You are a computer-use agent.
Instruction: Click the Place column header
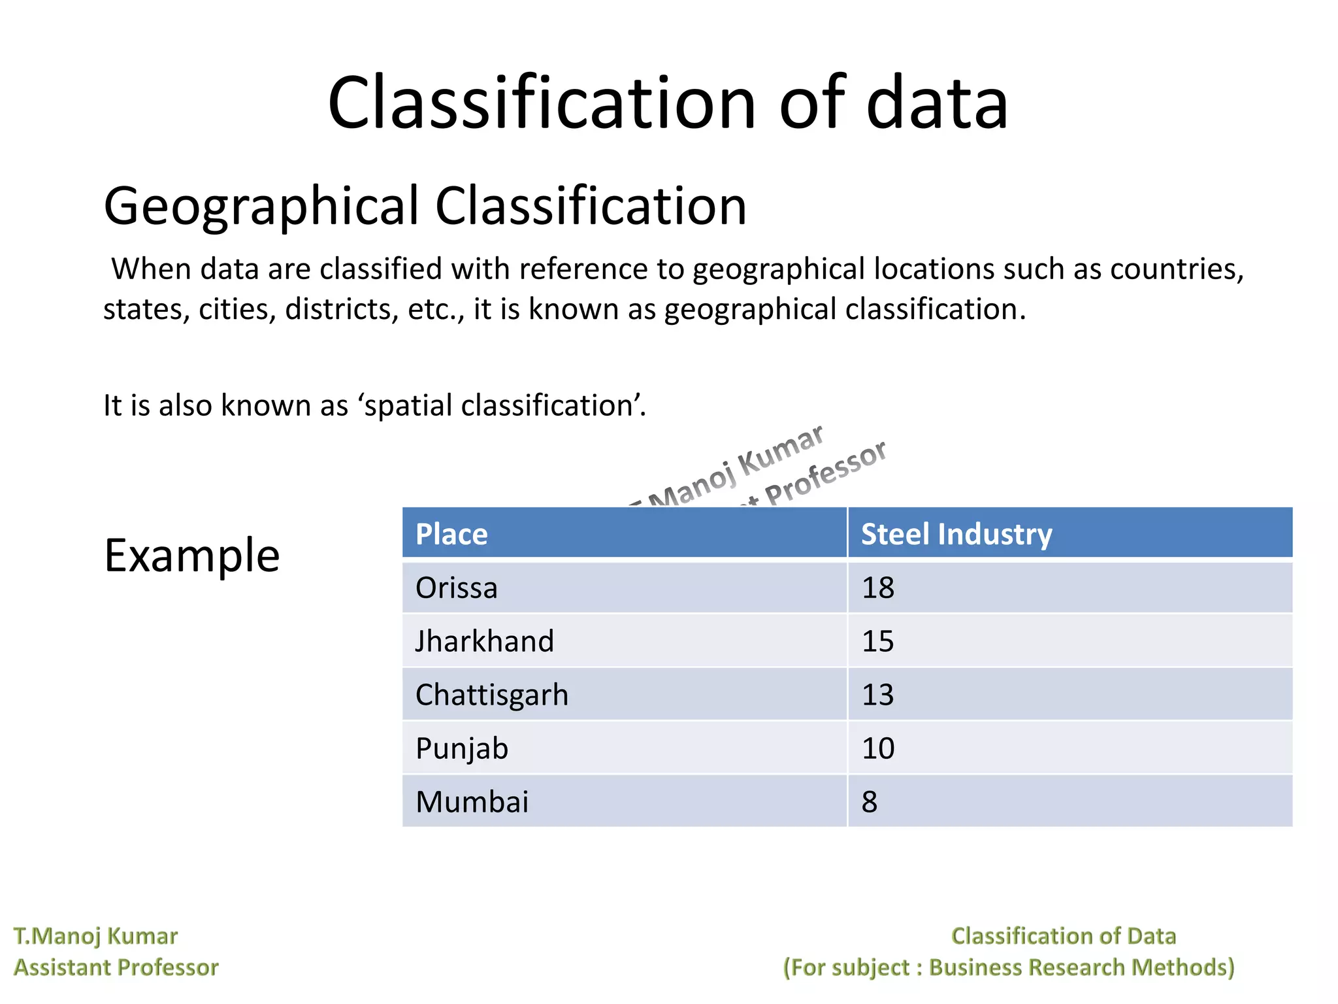[451, 534]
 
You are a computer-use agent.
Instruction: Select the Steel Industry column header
[956, 534]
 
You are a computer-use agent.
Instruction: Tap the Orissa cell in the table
[457, 588]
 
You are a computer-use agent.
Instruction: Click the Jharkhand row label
[485, 641]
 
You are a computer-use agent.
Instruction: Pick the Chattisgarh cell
[492, 695]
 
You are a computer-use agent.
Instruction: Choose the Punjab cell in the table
[462, 748]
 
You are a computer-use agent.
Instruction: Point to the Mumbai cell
[472, 802]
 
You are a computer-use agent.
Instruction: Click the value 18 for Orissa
[877, 588]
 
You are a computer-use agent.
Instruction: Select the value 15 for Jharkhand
[877, 641]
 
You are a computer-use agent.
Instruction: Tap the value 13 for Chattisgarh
[877, 695]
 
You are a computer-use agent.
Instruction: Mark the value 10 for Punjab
[877, 748]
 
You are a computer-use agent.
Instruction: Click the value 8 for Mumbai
[870, 802]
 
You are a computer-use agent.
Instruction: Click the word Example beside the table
[192, 556]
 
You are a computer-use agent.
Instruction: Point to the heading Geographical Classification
[425, 206]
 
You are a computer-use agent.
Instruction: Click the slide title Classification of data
[668, 103]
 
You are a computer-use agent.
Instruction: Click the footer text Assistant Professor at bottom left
[116, 967]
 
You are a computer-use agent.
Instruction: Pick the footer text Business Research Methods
[1081, 967]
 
